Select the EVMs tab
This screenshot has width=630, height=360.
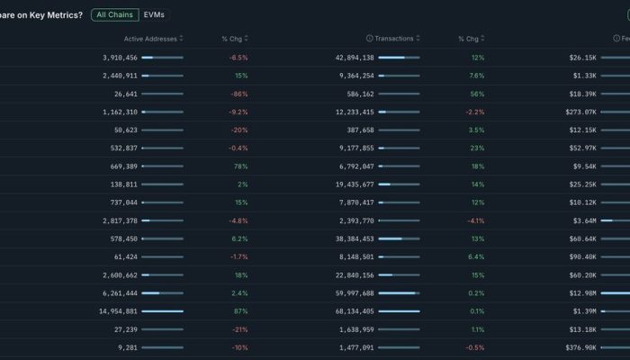tap(155, 14)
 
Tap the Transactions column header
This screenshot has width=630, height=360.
tap(394, 39)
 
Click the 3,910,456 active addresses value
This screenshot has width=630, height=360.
tap(120, 58)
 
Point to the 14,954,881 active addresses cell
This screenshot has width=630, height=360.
tap(117, 311)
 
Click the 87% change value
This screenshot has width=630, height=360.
tap(240, 311)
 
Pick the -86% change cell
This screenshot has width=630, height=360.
tap(239, 94)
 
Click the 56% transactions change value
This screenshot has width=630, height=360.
tap(477, 94)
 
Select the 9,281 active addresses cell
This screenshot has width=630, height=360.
tap(127, 347)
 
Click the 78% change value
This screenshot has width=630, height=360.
tap(240, 166)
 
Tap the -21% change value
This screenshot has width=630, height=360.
tap(239, 329)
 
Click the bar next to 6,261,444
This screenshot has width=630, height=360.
tap(162, 293)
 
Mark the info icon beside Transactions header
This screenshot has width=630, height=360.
tap(369, 39)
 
